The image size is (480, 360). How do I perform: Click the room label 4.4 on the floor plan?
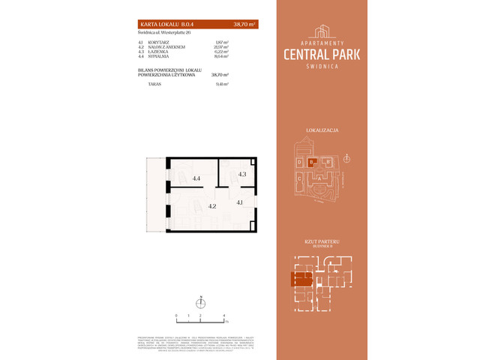[196, 178]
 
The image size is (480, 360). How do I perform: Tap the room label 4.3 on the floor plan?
[242, 174]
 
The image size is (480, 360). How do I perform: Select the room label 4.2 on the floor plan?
[212, 206]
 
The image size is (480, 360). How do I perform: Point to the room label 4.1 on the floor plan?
[239, 202]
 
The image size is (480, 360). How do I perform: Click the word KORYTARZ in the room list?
[159, 42]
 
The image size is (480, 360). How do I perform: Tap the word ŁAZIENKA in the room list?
[159, 52]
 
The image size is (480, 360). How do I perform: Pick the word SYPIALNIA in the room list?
[159, 56]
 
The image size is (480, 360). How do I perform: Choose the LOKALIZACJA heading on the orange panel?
[322, 130]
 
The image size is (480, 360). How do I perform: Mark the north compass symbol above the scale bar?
[200, 304]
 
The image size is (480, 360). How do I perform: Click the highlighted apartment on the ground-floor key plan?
[301, 280]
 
